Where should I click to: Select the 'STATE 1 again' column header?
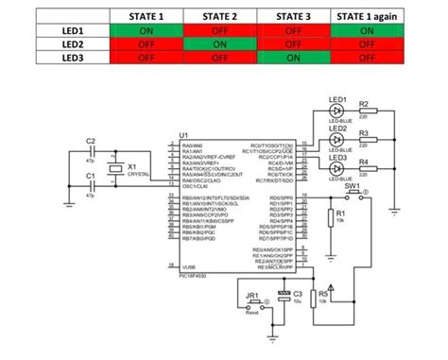366,17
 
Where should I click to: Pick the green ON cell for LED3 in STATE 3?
292,57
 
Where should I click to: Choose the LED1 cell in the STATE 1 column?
146,30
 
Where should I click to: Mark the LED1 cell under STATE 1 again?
366,30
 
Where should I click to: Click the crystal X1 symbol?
114,169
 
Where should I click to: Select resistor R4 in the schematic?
364,167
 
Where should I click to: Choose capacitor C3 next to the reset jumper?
284,297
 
